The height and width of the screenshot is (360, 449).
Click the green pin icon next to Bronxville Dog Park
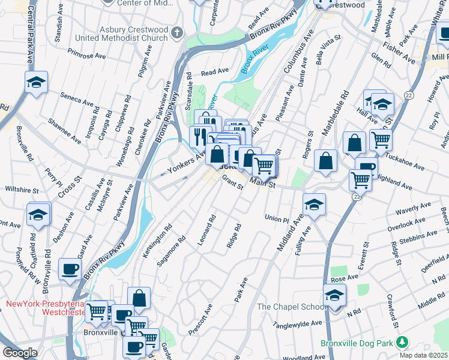click(x=402, y=343)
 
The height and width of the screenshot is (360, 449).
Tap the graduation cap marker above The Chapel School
click(x=334, y=295)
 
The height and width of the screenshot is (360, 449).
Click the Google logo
click(x=20, y=353)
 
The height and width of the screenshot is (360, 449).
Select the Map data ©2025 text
click(x=423, y=355)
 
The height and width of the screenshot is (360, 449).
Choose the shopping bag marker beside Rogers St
click(x=325, y=161)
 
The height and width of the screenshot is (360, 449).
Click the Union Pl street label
click(x=277, y=219)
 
